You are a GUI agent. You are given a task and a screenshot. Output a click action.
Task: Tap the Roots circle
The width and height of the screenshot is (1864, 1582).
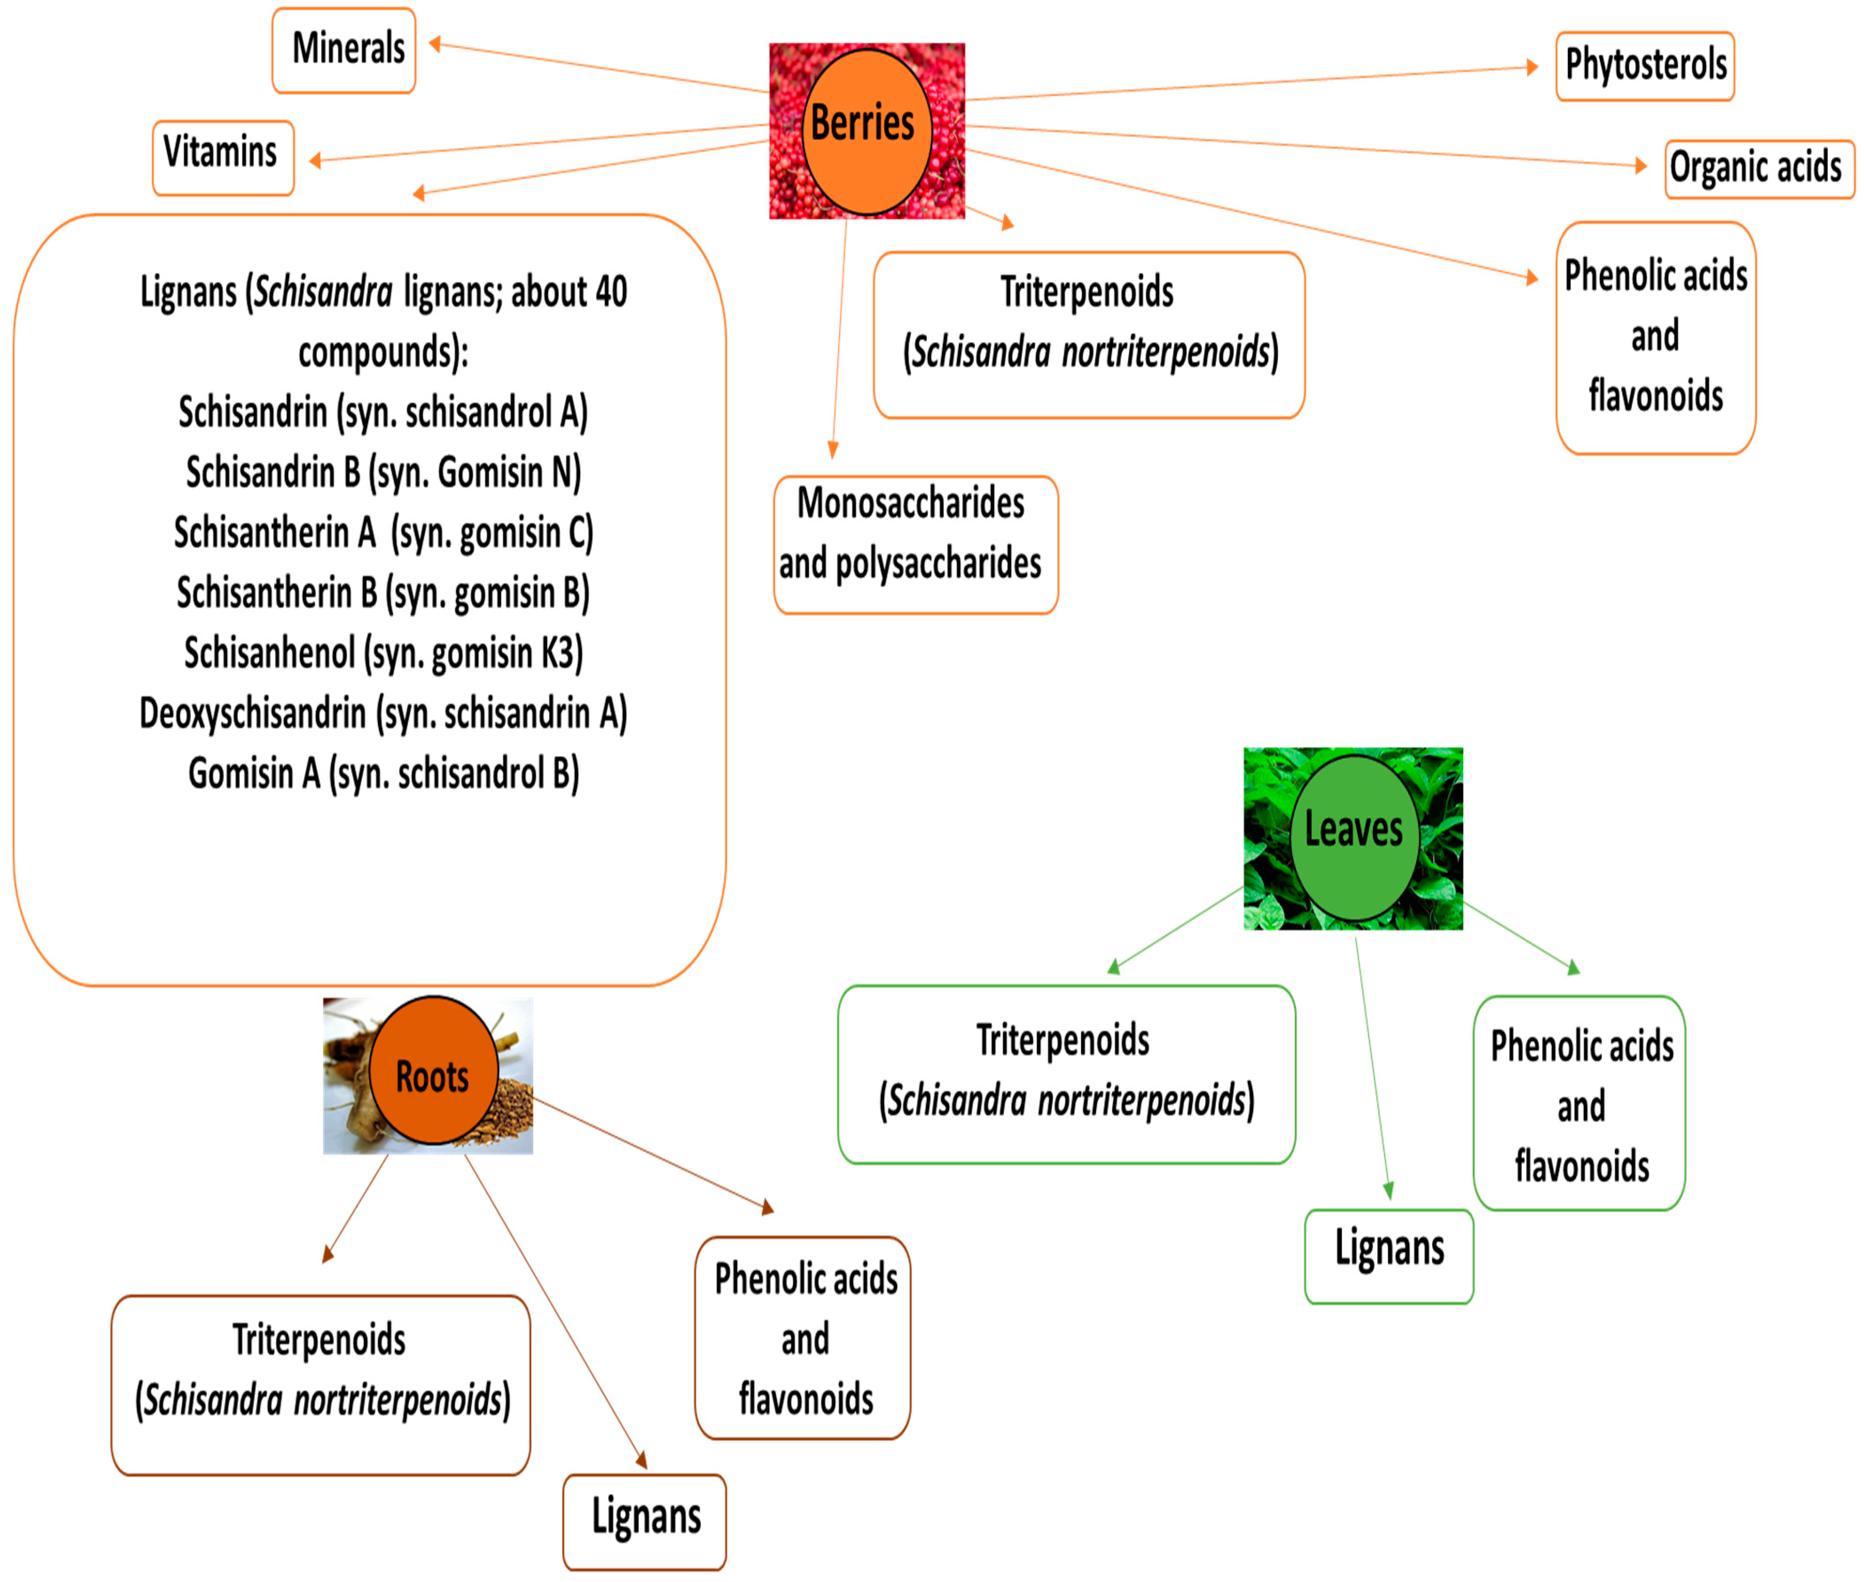pyautogui.click(x=433, y=1070)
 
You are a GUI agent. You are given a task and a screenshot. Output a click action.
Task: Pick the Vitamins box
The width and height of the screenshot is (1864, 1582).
pyautogui.click(x=223, y=158)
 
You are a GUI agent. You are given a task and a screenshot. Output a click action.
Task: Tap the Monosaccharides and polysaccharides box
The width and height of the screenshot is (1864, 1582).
pyautogui.click(x=915, y=544)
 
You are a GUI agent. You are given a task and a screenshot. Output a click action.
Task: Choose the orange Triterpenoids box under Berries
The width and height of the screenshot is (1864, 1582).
pyautogui.click(x=1088, y=335)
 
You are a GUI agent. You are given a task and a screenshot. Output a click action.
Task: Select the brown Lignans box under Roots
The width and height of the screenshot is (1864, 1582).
pyautogui.click(x=644, y=1520)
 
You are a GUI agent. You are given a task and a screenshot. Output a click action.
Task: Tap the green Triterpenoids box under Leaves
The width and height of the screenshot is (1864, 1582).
pyautogui.click(x=1066, y=1073)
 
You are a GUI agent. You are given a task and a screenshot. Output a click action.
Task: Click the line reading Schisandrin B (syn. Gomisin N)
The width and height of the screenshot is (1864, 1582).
pyautogui.click(x=383, y=472)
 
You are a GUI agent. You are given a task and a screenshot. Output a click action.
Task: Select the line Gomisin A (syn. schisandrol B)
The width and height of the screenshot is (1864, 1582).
pyautogui.click(x=383, y=773)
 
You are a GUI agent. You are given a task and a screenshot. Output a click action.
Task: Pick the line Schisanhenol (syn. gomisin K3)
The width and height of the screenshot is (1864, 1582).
pyautogui.click(x=383, y=653)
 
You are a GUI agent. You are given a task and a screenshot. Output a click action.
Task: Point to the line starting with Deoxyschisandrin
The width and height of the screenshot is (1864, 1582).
pyautogui.click(x=383, y=713)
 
